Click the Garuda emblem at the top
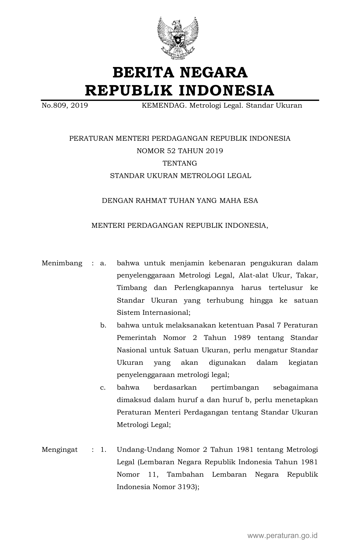[178, 38]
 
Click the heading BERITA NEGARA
[180, 72]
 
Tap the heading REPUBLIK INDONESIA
[180, 90]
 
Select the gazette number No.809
[54, 106]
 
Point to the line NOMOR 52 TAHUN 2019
[180, 151]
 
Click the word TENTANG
[180, 163]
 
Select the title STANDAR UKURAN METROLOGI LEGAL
[180, 176]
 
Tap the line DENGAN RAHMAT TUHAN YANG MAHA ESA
[180, 201]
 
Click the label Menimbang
[62, 263]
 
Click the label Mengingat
[60, 450]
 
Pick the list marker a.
[103, 263]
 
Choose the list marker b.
[103, 325]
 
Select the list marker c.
[103, 387]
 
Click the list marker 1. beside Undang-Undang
[103, 450]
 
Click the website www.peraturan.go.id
[283, 535]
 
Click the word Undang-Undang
[145, 450]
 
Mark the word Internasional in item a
[166, 313]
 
